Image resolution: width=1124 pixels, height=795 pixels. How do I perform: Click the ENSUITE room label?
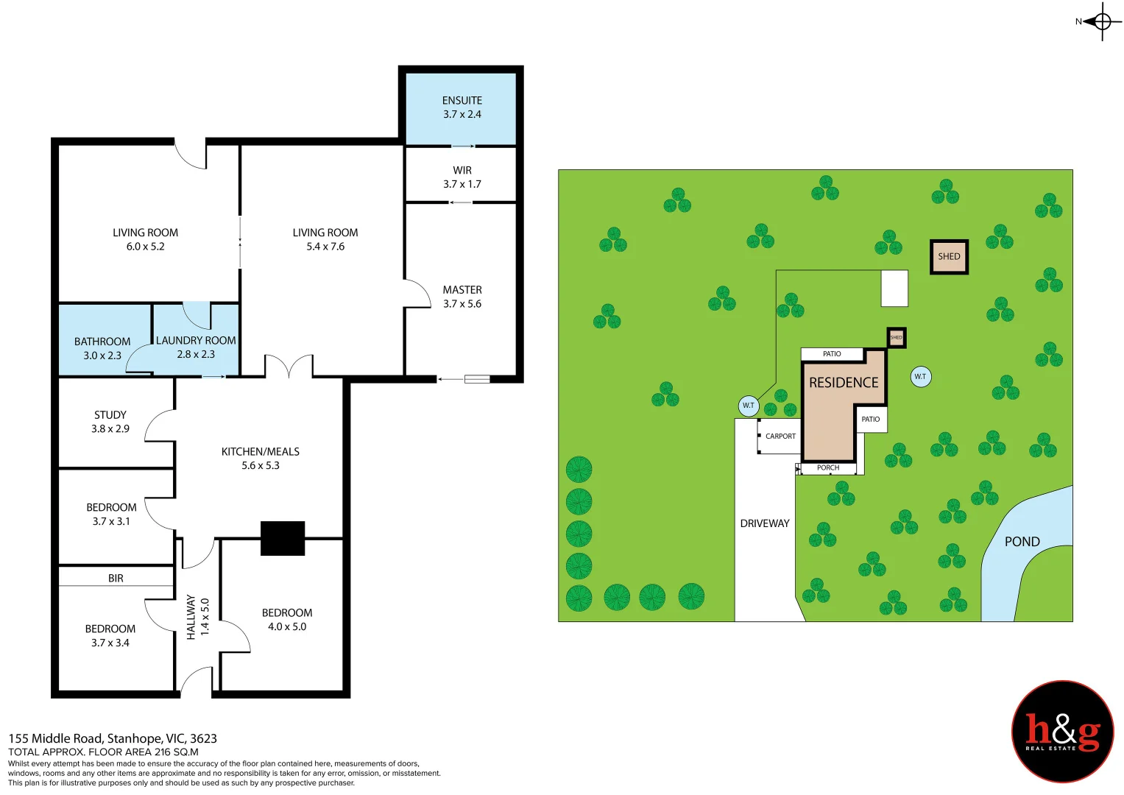pos(462,107)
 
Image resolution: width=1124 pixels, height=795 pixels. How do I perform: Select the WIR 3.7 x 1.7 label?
pos(462,177)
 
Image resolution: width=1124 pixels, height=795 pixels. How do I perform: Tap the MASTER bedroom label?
pos(462,297)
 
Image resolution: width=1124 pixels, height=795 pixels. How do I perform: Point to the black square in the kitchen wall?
pos(283,538)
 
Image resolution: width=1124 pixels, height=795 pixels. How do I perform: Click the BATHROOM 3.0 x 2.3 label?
pos(102,348)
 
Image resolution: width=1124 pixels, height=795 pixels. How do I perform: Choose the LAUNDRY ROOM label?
pos(196,347)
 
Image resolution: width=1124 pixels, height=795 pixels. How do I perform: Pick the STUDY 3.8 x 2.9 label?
pos(110,422)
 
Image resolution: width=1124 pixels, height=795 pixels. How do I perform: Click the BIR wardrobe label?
pos(116,579)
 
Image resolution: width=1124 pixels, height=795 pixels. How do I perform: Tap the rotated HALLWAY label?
pos(197,617)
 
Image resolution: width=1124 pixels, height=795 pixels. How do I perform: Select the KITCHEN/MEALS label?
pos(261,458)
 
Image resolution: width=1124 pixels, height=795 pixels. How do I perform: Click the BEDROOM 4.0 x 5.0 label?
pos(287,619)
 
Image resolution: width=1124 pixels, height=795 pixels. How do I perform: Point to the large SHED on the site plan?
pos(949,257)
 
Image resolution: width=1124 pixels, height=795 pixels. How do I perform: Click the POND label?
pos(1022,542)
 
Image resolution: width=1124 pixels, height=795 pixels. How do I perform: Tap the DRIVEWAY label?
pos(764,523)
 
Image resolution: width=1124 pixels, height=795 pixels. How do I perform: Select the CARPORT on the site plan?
pos(780,437)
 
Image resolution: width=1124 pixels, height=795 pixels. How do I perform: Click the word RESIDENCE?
pos(844,383)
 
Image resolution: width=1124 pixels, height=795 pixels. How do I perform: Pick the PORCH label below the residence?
pos(828,468)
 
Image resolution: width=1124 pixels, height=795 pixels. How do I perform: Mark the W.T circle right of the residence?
pos(920,377)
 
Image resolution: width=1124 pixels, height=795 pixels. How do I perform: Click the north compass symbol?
pos(1101,21)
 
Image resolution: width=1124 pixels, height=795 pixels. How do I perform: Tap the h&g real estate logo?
pos(1062,731)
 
